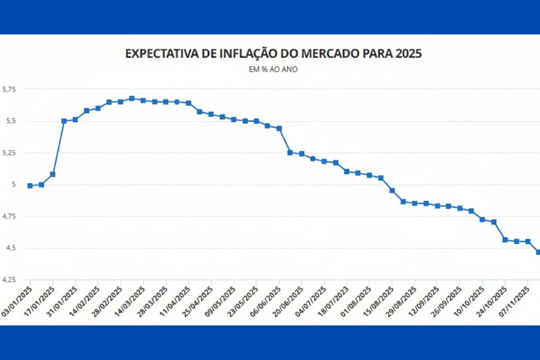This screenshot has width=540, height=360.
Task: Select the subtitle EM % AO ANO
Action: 273,70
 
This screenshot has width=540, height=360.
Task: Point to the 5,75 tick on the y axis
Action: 9,90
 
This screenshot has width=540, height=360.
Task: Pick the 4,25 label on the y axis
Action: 9,280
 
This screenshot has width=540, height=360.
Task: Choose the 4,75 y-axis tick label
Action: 9,216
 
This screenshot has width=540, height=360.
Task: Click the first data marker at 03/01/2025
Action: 30,185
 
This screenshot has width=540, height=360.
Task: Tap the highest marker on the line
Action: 132,98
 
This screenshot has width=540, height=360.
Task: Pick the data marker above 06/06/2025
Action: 279,128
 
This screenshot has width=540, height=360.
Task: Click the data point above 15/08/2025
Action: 392,190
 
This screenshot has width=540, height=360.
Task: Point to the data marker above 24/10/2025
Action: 505,240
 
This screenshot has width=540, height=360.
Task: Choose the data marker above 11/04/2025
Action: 189,103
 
